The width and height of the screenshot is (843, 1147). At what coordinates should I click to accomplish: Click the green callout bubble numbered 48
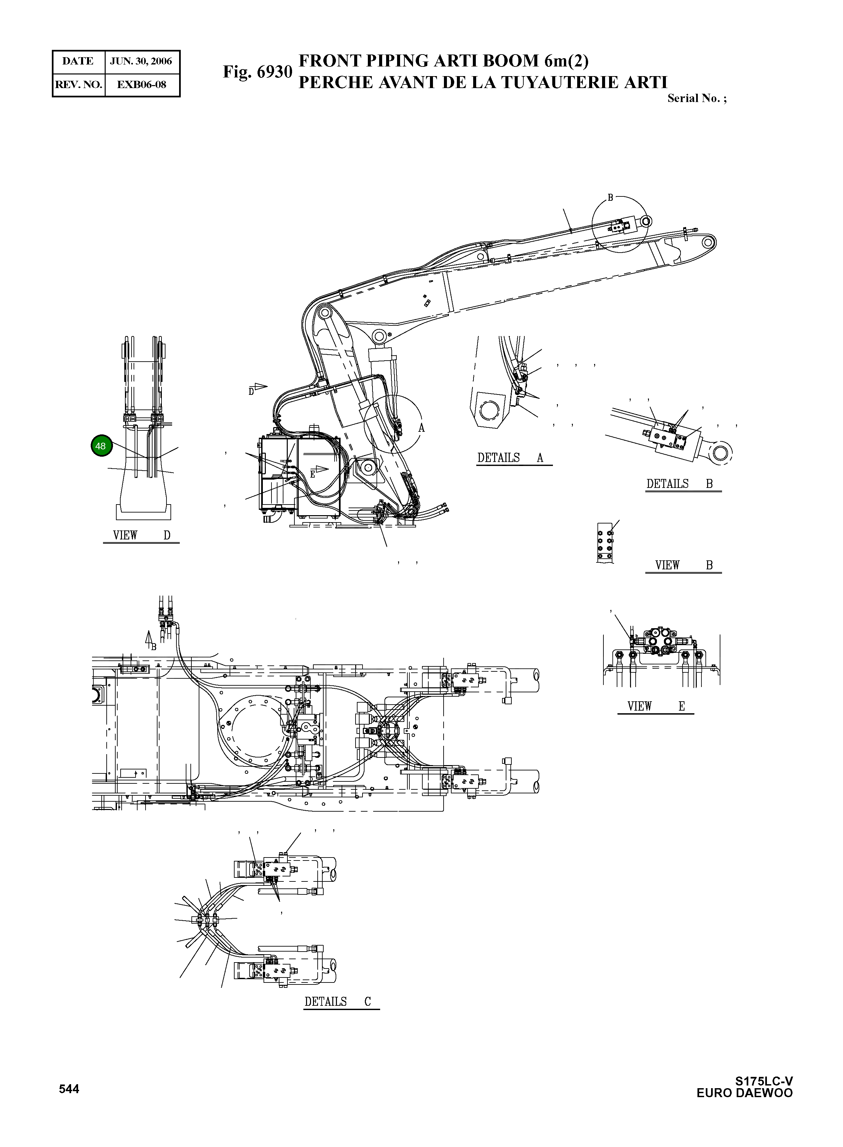coord(101,446)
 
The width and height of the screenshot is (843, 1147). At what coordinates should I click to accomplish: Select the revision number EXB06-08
coord(141,85)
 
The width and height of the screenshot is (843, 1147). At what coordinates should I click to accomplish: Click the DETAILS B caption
coord(679,484)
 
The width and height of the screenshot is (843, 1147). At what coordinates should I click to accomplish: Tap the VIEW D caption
coord(141,535)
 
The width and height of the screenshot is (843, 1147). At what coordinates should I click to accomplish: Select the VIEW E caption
coord(656,707)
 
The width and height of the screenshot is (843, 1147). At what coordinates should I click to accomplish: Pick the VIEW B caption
coord(683,566)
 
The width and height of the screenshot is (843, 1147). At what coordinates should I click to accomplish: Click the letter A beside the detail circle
coord(421,428)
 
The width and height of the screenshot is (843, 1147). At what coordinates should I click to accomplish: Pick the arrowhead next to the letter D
coord(261,387)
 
